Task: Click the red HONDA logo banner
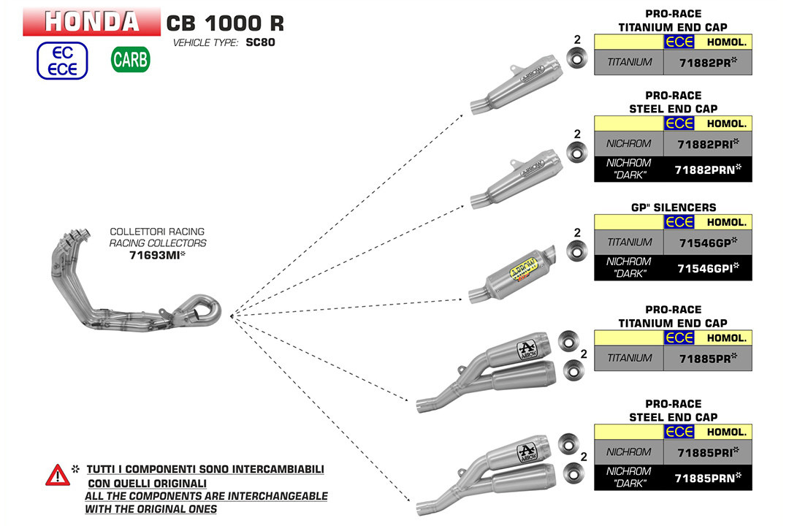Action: [x=91, y=21]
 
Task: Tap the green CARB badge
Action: [x=130, y=60]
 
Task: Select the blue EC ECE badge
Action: [x=62, y=60]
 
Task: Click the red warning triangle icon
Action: [x=57, y=476]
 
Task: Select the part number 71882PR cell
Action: [x=707, y=62]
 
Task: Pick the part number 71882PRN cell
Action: [x=707, y=169]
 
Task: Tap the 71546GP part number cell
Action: [x=707, y=242]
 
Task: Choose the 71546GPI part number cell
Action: [x=707, y=268]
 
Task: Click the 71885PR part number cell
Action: [x=707, y=358]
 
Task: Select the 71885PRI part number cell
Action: [x=707, y=452]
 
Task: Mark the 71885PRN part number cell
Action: [x=707, y=478]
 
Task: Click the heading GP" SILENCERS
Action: [x=673, y=207]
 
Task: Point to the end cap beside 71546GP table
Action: [x=577, y=251]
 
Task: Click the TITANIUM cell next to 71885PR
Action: [x=629, y=358]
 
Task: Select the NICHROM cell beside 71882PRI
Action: [x=629, y=143]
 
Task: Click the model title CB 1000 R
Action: [x=225, y=23]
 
